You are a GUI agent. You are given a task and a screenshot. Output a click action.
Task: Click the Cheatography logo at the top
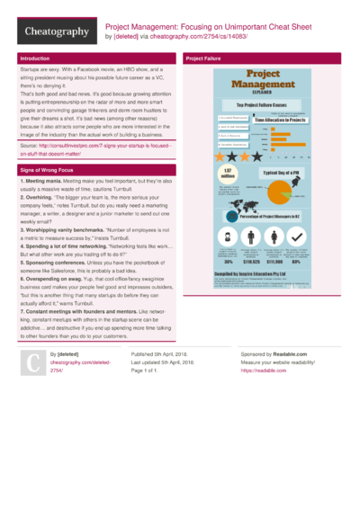point(49,31)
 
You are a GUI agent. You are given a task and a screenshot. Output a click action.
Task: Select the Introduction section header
point(36,58)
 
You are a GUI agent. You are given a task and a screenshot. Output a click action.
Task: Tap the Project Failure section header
point(204,58)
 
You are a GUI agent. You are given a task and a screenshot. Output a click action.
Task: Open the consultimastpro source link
point(90,148)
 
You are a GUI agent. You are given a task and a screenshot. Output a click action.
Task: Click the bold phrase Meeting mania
point(42,181)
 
